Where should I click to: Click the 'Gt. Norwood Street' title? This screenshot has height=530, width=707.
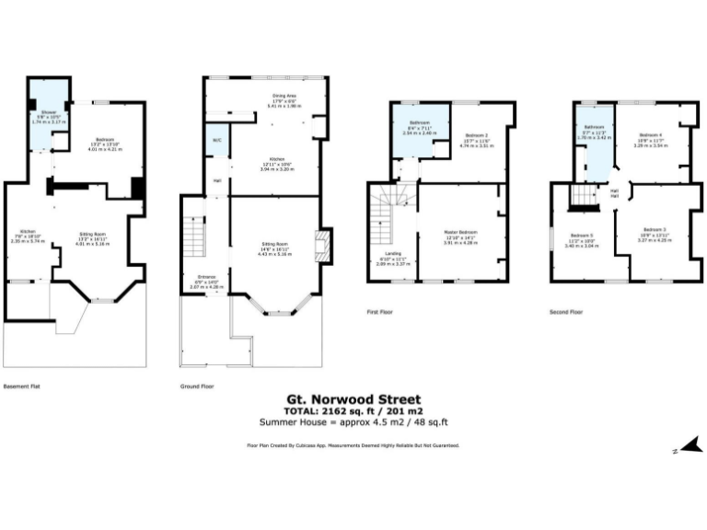coord(354,399)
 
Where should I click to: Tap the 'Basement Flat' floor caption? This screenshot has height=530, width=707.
coord(22,387)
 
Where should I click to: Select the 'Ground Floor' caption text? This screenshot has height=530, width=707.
coord(197,387)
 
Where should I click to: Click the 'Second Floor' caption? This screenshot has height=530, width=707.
coord(565,312)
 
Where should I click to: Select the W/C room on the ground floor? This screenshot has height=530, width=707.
coord(216,141)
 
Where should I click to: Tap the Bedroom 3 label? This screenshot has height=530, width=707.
coord(655,231)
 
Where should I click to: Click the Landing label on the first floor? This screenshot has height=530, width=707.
coord(393,259)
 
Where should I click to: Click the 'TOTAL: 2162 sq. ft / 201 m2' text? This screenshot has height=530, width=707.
coord(354,410)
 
